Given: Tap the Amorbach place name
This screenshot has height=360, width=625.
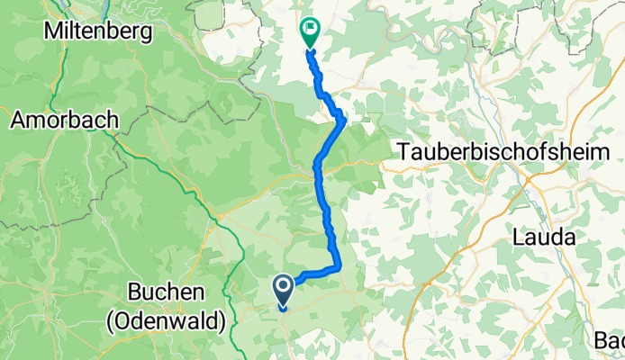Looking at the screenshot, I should click(64, 119).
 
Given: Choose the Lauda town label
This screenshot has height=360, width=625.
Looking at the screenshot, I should click(540, 238).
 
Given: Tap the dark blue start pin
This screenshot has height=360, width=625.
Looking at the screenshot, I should click(283, 291).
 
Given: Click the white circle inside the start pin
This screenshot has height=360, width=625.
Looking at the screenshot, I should click(283, 287).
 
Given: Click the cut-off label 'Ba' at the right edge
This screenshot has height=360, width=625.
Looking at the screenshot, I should click(610, 340).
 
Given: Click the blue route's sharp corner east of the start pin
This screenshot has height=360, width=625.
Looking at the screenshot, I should click(338, 267).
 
